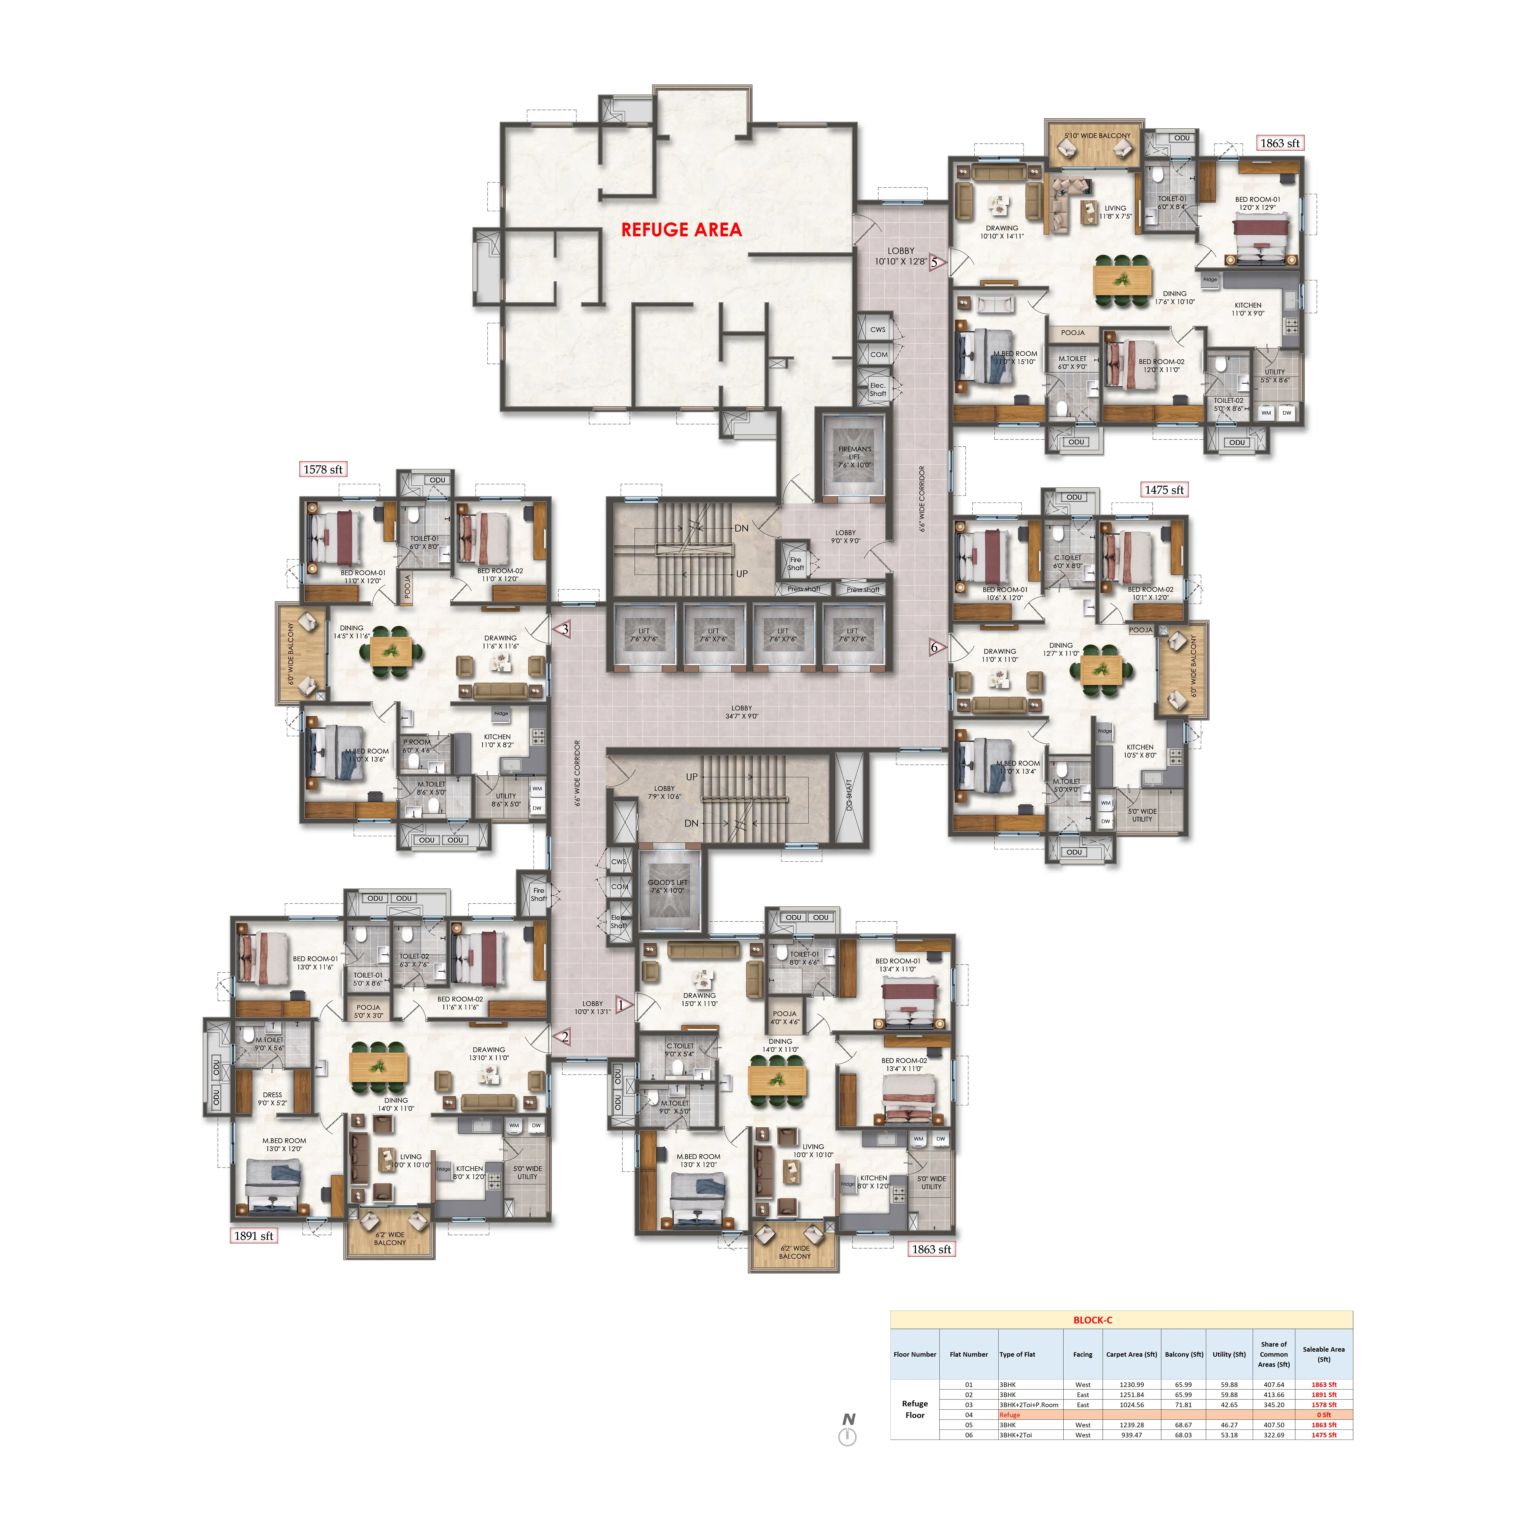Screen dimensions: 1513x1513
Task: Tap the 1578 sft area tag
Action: pyautogui.click(x=323, y=469)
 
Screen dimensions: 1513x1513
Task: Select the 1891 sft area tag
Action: pyautogui.click(x=254, y=1236)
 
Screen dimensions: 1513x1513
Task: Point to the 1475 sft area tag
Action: pyautogui.click(x=1164, y=489)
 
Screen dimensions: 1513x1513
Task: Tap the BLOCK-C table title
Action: pyautogui.click(x=1092, y=1320)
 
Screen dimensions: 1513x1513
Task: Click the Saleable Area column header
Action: pyautogui.click(x=1323, y=1354)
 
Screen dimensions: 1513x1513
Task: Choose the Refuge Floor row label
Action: pyautogui.click(x=915, y=1410)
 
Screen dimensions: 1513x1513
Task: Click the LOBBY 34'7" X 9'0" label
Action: pyautogui.click(x=742, y=712)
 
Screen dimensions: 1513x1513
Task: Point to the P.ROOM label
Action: pyautogui.click(x=417, y=746)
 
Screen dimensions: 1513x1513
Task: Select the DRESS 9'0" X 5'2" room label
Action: pyautogui.click(x=273, y=1099)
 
